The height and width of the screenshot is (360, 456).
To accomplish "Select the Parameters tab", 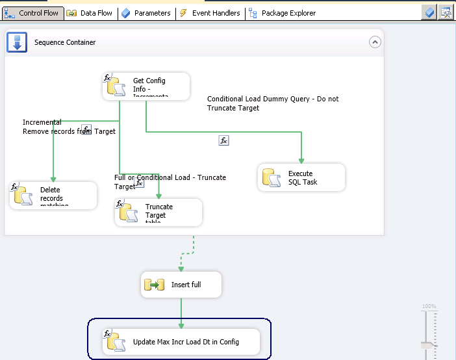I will pos(146,13).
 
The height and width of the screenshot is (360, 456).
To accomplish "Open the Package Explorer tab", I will pos(283,13).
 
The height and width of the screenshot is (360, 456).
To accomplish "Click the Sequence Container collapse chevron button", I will pos(375,42).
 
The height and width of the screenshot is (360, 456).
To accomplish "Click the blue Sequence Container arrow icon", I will pos(17,42).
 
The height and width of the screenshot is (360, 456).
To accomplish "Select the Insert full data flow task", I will pos(181,285).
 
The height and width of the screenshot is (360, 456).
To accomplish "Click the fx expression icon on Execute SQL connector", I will pos(223,140).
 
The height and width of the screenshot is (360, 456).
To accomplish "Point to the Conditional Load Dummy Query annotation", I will pos(273,103).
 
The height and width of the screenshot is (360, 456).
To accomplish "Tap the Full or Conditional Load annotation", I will pos(170,181).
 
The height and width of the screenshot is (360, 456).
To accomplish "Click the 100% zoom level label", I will pos(429,306).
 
